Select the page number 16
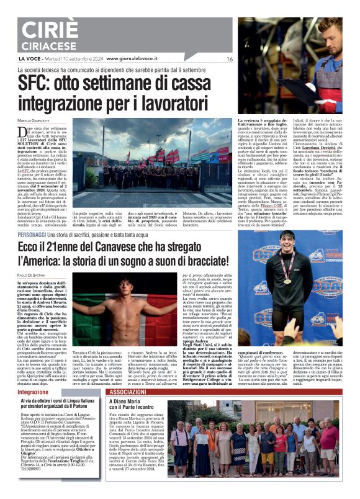(229, 59)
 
